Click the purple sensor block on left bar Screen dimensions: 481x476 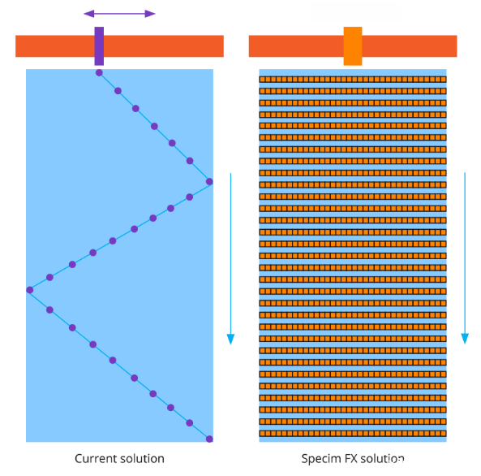(x=99, y=46)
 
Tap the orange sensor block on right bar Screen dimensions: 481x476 (x=353, y=46)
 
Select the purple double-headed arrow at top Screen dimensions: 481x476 (x=119, y=14)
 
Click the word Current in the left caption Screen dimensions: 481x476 (x=95, y=458)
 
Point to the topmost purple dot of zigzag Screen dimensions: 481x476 (x=99, y=73)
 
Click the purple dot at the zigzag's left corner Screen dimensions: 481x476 (x=30, y=290)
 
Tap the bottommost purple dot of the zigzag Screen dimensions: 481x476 (x=209, y=439)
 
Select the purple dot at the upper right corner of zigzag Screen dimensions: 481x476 (x=209, y=182)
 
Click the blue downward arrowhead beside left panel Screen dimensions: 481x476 (x=230, y=339)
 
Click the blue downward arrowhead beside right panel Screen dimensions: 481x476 (x=465, y=339)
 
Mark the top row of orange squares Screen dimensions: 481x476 (x=353, y=80)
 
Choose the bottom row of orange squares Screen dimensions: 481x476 (x=353, y=434)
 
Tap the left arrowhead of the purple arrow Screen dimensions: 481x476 (x=89, y=14)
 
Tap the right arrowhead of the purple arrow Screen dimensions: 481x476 (x=150, y=14)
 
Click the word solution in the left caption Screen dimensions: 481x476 (x=142, y=458)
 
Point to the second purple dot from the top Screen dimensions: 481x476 (x=118, y=91)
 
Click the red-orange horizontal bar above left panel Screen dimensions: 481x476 (x=119, y=46)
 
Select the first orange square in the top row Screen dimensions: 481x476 (x=262, y=80)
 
